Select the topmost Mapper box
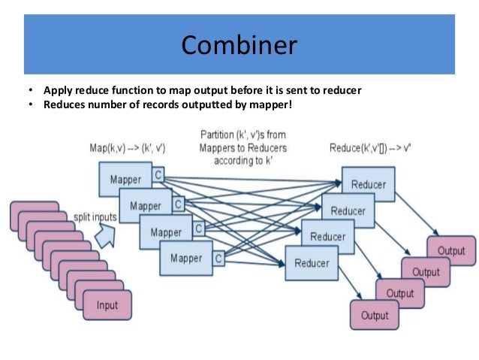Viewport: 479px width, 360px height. [x=125, y=180]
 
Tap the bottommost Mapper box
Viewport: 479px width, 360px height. [x=185, y=259]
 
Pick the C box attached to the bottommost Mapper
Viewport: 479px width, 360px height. [x=218, y=258]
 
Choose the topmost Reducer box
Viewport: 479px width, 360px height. [x=368, y=185]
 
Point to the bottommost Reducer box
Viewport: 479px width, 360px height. [x=312, y=263]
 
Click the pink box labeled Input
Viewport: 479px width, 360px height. [x=107, y=305]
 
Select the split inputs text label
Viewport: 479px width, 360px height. [x=95, y=216]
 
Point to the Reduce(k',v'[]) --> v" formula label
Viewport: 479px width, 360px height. [x=370, y=149]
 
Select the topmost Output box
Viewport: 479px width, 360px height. [x=451, y=251]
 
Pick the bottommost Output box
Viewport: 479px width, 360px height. [x=375, y=315]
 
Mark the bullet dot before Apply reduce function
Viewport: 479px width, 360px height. [x=31, y=91]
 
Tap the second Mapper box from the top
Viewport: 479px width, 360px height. [x=146, y=206]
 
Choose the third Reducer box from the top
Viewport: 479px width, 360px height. [x=327, y=237]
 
